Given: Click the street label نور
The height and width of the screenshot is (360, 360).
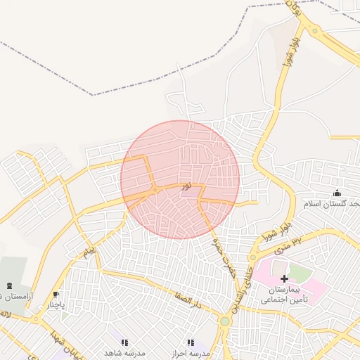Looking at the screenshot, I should point(186,186).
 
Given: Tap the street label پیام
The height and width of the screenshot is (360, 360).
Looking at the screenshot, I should point(89,250).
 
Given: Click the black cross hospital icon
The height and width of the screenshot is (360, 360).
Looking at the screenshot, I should point(284,278).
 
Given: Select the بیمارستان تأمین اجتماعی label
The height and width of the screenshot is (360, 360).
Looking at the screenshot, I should point(284,295).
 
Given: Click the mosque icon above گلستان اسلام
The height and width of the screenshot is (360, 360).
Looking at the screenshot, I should point(337,193).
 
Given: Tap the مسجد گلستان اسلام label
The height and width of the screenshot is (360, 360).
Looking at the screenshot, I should point(331,204).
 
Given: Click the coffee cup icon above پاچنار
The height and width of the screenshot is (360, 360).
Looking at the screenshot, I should point(56,295).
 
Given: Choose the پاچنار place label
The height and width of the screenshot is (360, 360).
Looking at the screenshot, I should point(56,306).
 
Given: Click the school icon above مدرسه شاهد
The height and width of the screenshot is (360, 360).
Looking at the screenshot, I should point(124,342).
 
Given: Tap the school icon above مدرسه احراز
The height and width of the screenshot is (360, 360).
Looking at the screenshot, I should point(191,342).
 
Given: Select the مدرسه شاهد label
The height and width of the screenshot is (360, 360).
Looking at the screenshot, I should point(124,353).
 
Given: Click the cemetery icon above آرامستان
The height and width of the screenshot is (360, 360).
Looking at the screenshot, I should point(9,285).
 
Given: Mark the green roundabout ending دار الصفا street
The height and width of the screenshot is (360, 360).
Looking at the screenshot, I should point(224,321).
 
